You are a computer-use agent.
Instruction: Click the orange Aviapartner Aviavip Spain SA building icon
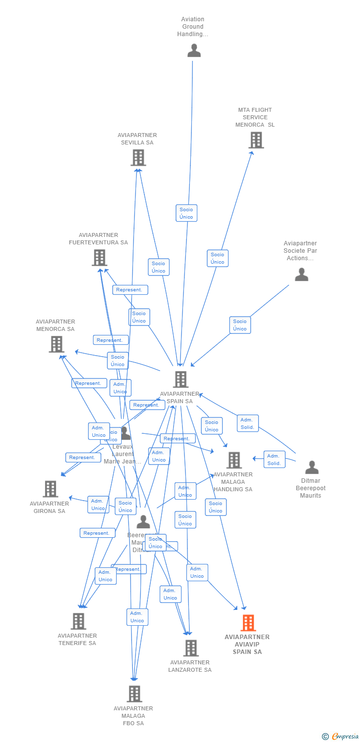click(248, 623)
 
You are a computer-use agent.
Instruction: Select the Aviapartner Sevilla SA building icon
click(138, 158)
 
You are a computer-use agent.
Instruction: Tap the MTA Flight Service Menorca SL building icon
click(256, 140)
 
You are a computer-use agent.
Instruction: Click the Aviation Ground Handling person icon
click(194, 50)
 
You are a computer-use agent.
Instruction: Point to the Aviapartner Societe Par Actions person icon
click(301, 275)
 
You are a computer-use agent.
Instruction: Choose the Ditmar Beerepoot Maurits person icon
click(312, 467)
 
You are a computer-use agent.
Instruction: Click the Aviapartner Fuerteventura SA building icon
click(99, 258)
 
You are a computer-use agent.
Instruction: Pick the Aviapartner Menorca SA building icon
click(56, 344)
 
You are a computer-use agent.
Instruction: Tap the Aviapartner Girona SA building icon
click(50, 489)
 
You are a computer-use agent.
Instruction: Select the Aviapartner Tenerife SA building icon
click(78, 621)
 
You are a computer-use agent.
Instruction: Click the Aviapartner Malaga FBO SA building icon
click(134, 694)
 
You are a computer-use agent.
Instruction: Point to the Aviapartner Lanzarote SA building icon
click(190, 648)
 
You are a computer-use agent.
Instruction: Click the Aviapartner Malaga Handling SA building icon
click(233, 460)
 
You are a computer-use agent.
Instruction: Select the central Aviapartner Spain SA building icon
click(180, 380)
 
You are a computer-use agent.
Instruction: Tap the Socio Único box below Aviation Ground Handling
click(186, 213)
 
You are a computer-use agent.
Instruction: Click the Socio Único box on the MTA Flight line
click(218, 258)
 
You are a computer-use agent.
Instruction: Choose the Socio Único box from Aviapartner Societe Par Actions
click(240, 325)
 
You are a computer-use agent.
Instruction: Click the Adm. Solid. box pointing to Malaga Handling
click(274, 460)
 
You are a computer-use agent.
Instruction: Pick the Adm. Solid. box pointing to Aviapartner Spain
click(247, 423)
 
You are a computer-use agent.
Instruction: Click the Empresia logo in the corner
click(341, 737)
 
